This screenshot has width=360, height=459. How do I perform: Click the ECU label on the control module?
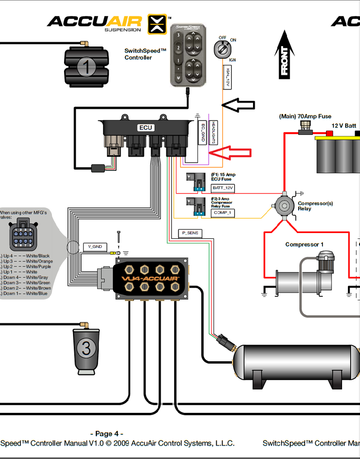146,128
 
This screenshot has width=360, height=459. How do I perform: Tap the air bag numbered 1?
86,67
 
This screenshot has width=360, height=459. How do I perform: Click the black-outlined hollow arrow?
238,105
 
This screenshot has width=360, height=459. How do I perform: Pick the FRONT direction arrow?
284,55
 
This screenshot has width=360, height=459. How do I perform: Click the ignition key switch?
221,48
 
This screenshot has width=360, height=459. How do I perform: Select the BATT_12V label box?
223,188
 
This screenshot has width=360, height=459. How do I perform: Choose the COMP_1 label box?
223,213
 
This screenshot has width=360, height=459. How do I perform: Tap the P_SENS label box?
190,233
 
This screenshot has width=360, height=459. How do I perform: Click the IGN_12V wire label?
227,77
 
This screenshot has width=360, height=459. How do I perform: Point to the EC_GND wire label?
203,133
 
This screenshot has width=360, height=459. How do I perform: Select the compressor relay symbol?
284,206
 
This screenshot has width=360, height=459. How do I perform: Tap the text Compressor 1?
304,244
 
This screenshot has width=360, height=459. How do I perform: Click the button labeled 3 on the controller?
178,35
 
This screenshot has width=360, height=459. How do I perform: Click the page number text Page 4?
107,433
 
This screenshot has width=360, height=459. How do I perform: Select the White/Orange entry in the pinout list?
27,261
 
